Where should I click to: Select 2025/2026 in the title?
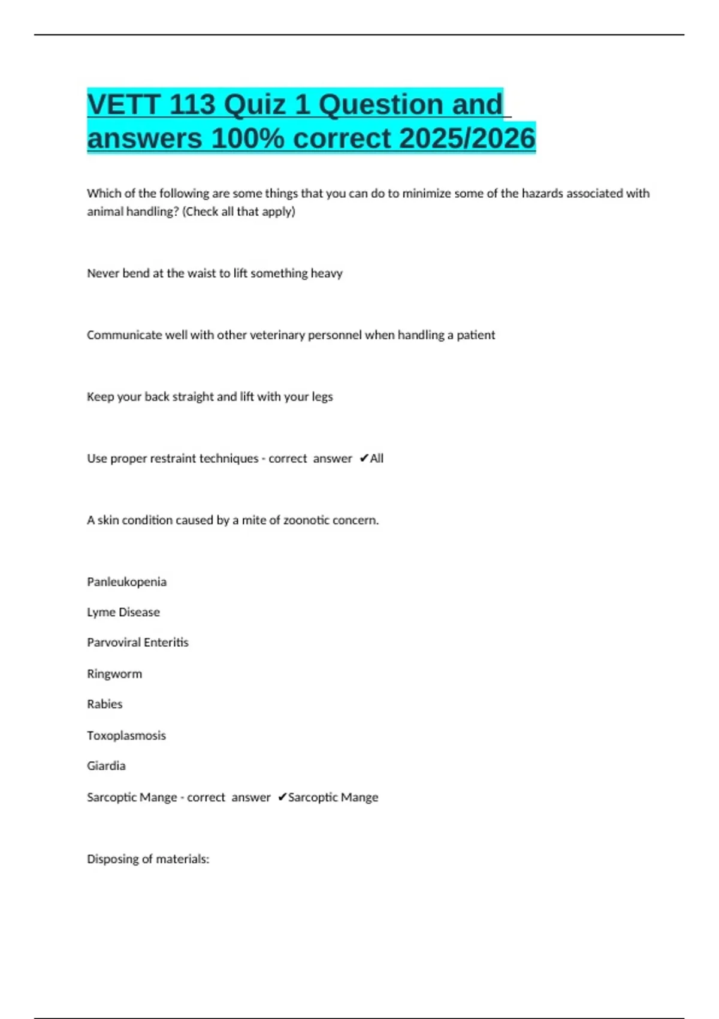pos(467,138)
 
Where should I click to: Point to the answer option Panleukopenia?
pos(126,581)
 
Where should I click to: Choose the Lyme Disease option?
pos(123,612)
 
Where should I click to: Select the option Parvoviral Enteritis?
pos(138,643)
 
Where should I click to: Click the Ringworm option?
pos(114,674)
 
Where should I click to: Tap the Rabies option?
pos(105,704)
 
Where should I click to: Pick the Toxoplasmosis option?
pos(126,735)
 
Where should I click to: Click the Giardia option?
pos(106,766)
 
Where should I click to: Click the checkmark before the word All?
pos(364,459)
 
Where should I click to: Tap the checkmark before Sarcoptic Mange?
pos(282,797)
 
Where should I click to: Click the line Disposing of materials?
pos(148,859)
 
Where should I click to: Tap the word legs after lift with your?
pos(322,397)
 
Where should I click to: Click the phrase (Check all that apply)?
pos(238,212)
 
